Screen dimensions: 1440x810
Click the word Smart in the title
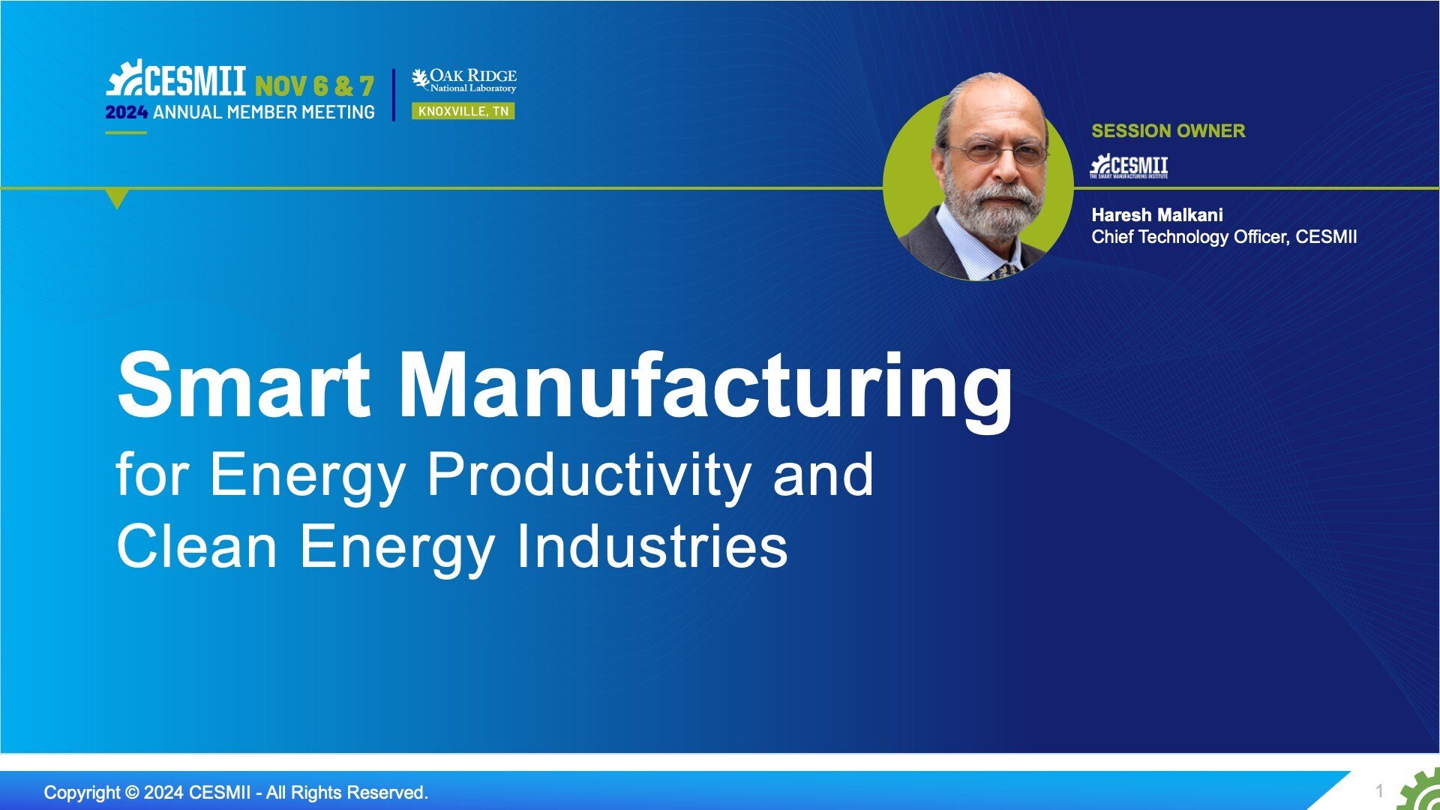click(244, 385)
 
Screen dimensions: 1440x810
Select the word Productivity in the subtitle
click(589, 476)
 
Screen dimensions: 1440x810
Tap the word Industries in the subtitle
click(652, 546)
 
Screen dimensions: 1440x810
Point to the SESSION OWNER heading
click(1168, 130)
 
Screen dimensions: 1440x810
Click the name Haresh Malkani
click(1156, 215)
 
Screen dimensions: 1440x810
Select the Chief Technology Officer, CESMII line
click(1224, 237)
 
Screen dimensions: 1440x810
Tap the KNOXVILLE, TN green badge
click(463, 111)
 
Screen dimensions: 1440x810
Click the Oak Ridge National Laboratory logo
click(464, 80)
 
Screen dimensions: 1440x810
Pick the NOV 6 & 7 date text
click(314, 86)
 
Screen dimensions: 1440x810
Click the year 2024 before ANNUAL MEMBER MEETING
click(126, 112)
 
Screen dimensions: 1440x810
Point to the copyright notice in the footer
click(236, 793)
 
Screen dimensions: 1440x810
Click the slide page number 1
click(1379, 790)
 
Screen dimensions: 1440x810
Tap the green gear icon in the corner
click(1420, 791)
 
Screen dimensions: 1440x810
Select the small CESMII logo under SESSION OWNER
click(1129, 166)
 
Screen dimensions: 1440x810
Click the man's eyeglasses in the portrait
click(997, 153)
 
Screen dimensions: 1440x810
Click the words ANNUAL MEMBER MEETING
click(264, 112)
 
